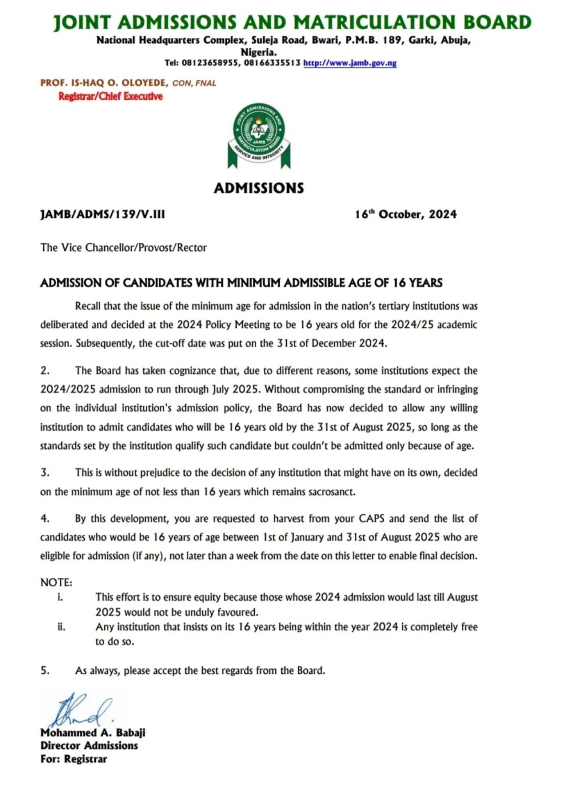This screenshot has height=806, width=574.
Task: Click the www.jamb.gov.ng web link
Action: (x=350, y=63)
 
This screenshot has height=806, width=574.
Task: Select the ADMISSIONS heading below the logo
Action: (x=258, y=188)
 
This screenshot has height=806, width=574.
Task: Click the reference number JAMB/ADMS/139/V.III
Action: (x=102, y=214)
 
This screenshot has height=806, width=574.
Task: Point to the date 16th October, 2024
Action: (x=405, y=214)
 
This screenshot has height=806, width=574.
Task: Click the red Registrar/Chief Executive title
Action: (x=110, y=97)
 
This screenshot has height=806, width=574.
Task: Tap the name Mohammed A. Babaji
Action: (x=93, y=733)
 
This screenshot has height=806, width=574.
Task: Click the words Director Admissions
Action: (x=89, y=746)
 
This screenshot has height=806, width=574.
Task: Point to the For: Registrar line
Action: (x=73, y=759)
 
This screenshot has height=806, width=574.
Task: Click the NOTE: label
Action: (x=56, y=582)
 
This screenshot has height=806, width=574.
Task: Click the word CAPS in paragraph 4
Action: (x=372, y=519)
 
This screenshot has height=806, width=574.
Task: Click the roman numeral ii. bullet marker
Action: (x=61, y=627)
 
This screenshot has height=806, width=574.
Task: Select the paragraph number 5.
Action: (x=45, y=671)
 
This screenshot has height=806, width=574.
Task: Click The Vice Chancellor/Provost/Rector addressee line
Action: (x=123, y=248)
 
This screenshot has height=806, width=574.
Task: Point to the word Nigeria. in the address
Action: (x=258, y=52)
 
